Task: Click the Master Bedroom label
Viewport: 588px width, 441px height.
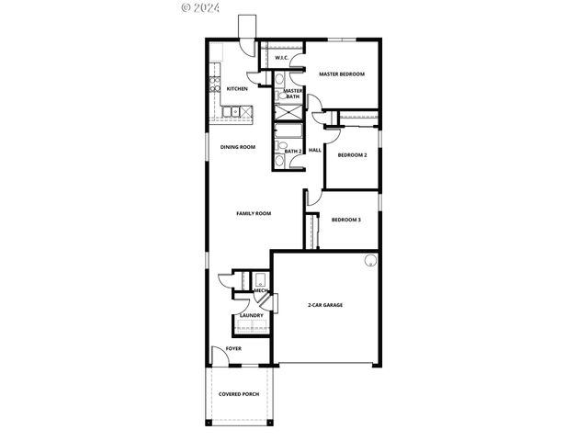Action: pos(342,73)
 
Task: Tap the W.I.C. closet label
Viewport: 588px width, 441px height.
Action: pos(282,59)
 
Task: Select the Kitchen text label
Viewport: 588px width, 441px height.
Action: pos(237,89)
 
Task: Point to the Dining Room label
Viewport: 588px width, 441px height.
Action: pos(237,147)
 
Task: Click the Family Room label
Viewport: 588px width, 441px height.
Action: pos(254,213)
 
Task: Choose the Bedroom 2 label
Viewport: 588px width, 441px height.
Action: pos(352,155)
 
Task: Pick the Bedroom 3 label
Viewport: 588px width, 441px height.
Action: pos(346,220)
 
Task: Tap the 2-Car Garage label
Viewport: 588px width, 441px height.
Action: pos(324,304)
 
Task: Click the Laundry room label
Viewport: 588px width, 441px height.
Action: pos(251,316)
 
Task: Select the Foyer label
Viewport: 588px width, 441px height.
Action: pos(233,349)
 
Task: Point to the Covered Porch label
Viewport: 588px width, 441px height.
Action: pos(239,394)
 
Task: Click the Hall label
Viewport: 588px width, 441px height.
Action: pos(314,150)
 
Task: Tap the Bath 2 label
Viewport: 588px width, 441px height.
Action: pos(293,151)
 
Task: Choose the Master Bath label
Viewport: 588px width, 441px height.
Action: pos(294,93)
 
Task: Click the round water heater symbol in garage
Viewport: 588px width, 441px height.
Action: pos(369,260)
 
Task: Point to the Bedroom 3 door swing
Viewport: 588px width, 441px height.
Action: pos(312,198)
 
